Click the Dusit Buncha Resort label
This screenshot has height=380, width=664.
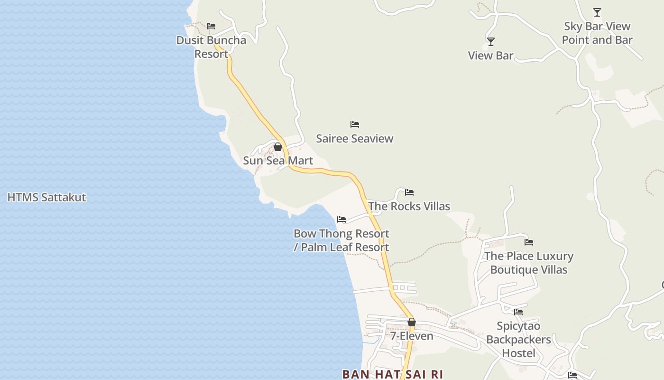point(211,47)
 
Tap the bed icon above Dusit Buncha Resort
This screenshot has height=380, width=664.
point(211,26)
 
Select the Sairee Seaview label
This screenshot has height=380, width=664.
point(355,139)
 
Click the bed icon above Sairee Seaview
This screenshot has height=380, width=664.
point(355,124)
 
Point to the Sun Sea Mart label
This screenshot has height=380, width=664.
point(278,161)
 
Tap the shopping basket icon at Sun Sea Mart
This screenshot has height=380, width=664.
point(278,147)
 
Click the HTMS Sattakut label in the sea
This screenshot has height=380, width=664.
point(46,197)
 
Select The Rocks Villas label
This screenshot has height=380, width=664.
point(409,206)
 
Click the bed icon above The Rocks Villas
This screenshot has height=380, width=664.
point(409,192)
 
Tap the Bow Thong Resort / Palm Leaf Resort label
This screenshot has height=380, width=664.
point(341,240)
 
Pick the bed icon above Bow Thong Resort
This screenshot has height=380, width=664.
point(341,219)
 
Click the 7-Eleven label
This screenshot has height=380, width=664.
point(412,336)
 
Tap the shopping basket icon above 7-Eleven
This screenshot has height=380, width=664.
point(412,323)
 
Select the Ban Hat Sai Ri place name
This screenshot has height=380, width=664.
point(393,374)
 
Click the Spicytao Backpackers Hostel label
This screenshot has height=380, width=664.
point(518,340)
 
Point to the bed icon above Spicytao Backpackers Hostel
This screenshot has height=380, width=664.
point(518,312)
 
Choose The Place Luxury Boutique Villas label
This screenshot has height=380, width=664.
point(529,263)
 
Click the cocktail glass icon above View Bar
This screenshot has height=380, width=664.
point(491,42)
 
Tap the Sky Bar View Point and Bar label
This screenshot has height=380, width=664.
point(597,33)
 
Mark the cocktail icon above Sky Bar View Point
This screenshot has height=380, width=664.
point(597,12)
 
